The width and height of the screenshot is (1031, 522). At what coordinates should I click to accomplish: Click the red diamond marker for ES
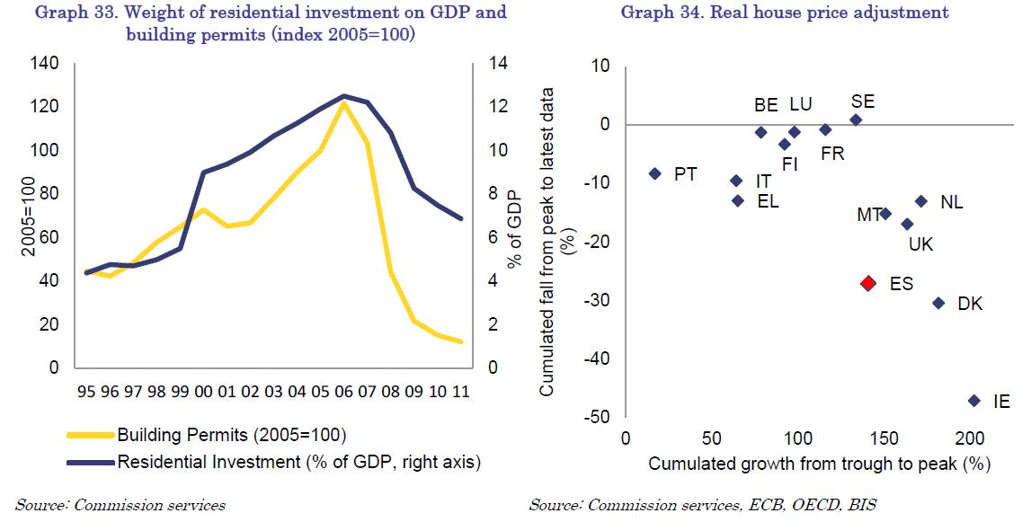[x=867, y=283]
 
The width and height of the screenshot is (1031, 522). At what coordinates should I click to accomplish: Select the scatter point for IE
[x=973, y=401]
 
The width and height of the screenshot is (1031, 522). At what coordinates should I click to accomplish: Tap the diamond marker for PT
[x=654, y=173]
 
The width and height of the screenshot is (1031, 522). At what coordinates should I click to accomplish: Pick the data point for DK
[x=938, y=304]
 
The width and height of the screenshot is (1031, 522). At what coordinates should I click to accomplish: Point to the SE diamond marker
[x=856, y=119]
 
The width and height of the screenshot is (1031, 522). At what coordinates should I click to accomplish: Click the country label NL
[x=951, y=203]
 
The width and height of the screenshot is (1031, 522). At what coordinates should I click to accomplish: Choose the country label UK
[x=921, y=243]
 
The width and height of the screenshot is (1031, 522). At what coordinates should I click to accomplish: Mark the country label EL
[x=768, y=201]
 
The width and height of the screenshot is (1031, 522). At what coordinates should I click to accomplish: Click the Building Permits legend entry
[x=231, y=436]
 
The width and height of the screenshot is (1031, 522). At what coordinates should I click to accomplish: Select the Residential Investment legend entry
[x=298, y=462]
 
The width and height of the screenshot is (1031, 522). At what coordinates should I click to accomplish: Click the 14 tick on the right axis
[x=498, y=64]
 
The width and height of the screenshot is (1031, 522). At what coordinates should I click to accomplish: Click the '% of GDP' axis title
[x=515, y=229]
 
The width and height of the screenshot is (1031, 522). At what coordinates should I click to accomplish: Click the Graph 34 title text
[x=785, y=13]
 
